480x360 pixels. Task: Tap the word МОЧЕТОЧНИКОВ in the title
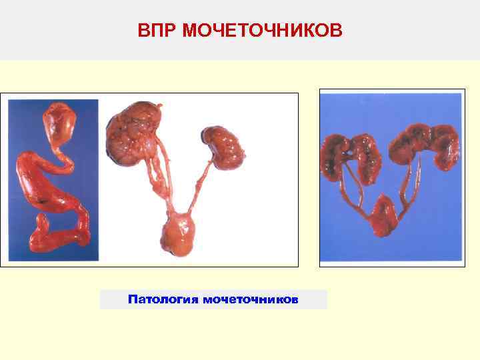point(261,31)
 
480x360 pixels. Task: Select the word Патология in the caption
point(162,299)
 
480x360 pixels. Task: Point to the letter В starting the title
point(143,31)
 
